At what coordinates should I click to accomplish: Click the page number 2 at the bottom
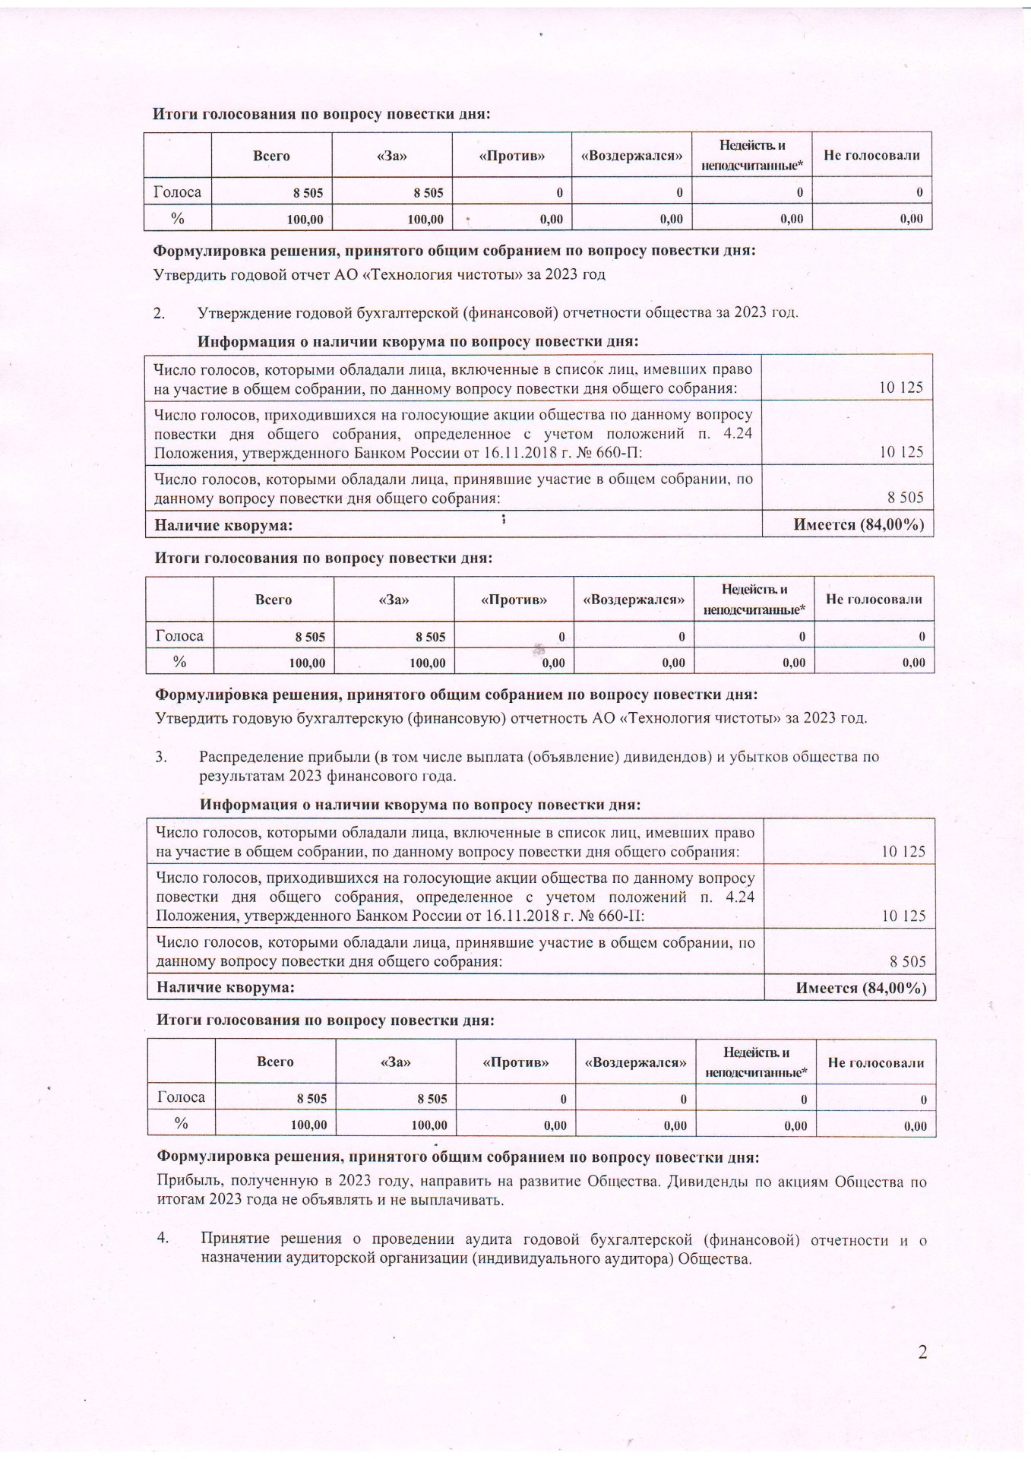point(922,1352)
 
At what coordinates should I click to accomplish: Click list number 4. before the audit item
point(163,1238)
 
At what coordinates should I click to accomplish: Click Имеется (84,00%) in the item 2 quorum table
point(859,524)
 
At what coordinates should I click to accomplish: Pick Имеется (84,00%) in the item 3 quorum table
point(861,988)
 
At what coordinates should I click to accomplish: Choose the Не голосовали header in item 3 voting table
point(876,1062)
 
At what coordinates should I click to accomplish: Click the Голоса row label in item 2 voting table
point(179,635)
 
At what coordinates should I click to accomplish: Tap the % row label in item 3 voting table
point(181,1123)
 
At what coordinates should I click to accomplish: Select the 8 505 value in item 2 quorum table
point(906,498)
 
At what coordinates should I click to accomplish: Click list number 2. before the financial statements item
point(160,312)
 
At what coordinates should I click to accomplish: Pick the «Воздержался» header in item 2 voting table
point(634,600)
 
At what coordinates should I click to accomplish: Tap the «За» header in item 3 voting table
point(395,1062)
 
